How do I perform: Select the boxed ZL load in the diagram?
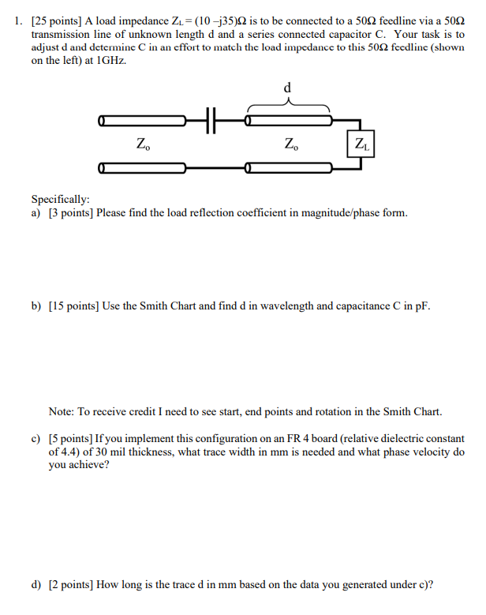pyautogui.click(x=361, y=144)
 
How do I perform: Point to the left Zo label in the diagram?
pyautogui.click(x=142, y=144)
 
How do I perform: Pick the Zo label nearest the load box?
pyautogui.click(x=290, y=144)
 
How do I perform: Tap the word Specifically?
pyautogui.click(x=60, y=200)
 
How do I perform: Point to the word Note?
pyautogui.click(x=62, y=411)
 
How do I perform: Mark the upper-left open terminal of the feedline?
pyautogui.click(x=102, y=121)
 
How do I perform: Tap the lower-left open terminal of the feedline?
pyautogui.click(x=102, y=167)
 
